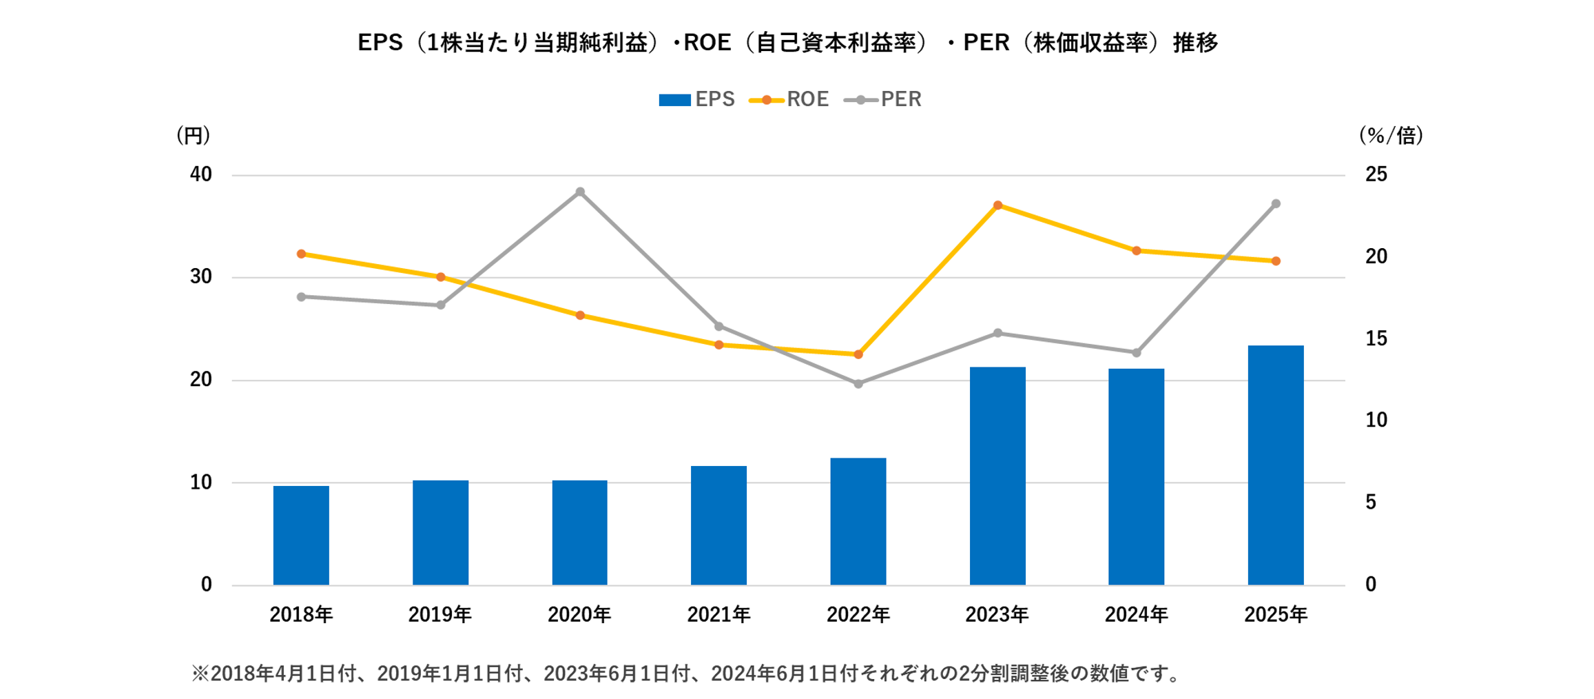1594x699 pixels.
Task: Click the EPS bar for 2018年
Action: [301, 536]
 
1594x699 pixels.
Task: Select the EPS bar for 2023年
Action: [997, 476]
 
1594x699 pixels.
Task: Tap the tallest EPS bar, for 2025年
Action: [1276, 465]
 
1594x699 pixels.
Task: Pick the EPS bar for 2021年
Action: [718, 525]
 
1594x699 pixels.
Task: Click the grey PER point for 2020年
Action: [580, 192]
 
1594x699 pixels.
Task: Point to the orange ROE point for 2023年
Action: [997, 205]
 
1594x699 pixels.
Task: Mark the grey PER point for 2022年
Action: [858, 384]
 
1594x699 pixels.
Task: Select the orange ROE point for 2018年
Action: [301, 254]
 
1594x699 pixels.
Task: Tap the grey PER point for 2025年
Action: [1276, 204]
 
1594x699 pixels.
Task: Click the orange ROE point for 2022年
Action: [858, 354]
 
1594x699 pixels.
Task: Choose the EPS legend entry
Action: [696, 99]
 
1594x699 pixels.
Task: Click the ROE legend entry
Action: [789, 99]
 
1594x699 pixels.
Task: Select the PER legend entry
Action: [883, 99]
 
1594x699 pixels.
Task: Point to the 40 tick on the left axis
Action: [200, 174]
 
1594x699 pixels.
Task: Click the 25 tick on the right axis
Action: [1376, 174]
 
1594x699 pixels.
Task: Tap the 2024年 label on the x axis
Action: [1137, 614]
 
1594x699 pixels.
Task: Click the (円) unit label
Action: [193, 135]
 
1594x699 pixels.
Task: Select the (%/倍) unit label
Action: [1391, 135]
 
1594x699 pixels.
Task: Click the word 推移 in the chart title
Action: [1196, 43]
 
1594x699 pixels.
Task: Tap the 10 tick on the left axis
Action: [200, 483]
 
